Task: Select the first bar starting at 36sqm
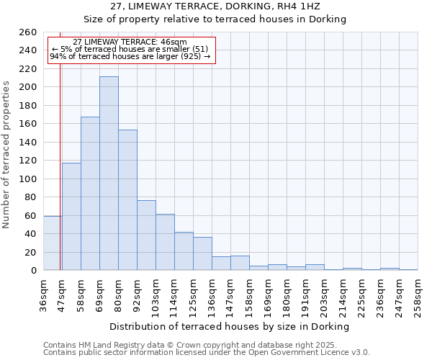(x=53, y=243)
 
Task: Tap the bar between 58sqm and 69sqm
(x=90, y=194)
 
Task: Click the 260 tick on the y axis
(x=28, y=32)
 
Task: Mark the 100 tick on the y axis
(x=28, y=179)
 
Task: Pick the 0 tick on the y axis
(x=34, y=271)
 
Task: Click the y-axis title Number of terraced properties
(x=7, y=155)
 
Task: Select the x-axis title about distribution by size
(x=230, y=326)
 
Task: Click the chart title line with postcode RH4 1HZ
(x=215, y=6)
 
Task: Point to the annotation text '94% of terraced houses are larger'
(x=130, y=56)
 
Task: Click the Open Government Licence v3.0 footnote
(x=207, y=352)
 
